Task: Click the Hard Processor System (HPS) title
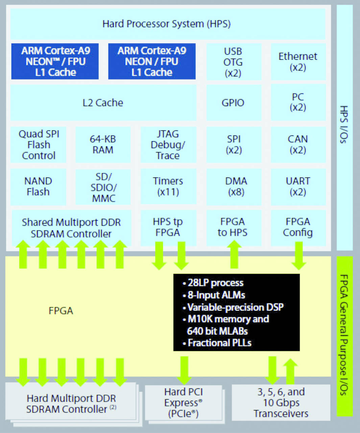(167, 24)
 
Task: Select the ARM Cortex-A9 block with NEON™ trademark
(55, 61)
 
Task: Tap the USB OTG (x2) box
(233, 62)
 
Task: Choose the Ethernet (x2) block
(298, 61)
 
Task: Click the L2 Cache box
(103, 103)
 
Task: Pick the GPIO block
(233, 103)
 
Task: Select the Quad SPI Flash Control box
(39, 145)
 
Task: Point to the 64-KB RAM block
(103, 144)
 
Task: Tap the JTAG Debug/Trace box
(168, 145)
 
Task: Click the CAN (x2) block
(298, 144)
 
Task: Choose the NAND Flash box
(38, 186)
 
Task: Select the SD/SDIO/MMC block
(103, 187)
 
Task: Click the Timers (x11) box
(168, 186)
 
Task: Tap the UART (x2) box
(298, 186)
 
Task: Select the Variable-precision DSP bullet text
(235, 307)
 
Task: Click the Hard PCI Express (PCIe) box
(184, 403)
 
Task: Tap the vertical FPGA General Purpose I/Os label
(344, 335)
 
